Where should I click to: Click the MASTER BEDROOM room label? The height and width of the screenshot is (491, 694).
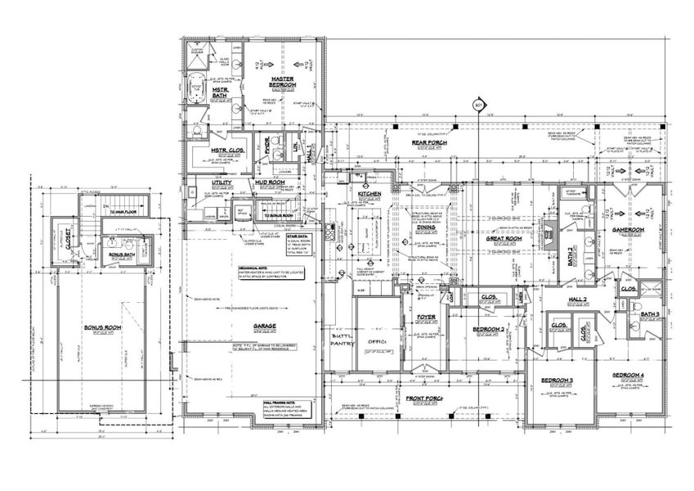pyautogui.click(x=282, y=82)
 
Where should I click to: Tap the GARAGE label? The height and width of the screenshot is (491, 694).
pyautogui.click(x=263, y=326)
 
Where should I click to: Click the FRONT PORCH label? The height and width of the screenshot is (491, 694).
pyautogui.click(x=423, y=399)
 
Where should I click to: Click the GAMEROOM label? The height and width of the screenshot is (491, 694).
pyautogui.click(x=629, y=230)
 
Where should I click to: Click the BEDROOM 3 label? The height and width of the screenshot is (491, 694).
pyautogui.click(x=555, y=381)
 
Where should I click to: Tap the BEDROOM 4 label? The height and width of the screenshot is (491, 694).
pyautogui.click(x=629, y=375)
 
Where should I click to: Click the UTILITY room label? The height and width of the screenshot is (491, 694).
pyautogui.click(x=222, y=182)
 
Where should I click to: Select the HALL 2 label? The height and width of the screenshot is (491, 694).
pyautogui.click(x=579, y=300)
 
